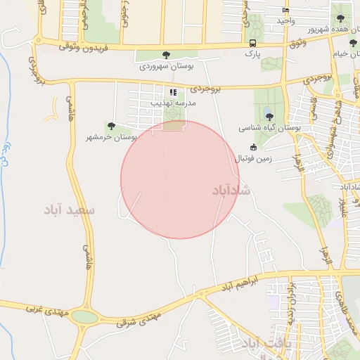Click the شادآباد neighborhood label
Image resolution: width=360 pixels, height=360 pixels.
[230, 190]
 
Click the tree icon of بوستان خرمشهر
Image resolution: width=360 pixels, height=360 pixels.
[111, 126]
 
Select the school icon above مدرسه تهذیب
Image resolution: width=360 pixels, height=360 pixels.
[173, 92]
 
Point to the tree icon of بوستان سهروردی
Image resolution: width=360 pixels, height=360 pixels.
[166, 55]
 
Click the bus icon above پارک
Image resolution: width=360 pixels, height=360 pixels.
[252, 43]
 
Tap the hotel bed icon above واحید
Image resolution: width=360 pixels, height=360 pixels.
[285, 11]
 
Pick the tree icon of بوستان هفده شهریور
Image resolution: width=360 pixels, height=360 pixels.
[341, 18]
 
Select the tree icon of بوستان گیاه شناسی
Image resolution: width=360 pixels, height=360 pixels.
[269, 117]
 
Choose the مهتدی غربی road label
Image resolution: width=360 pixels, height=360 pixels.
[44, 308]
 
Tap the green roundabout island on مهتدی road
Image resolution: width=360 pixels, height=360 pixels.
[84, 317]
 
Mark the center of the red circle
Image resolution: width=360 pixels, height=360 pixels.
[180, 179]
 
